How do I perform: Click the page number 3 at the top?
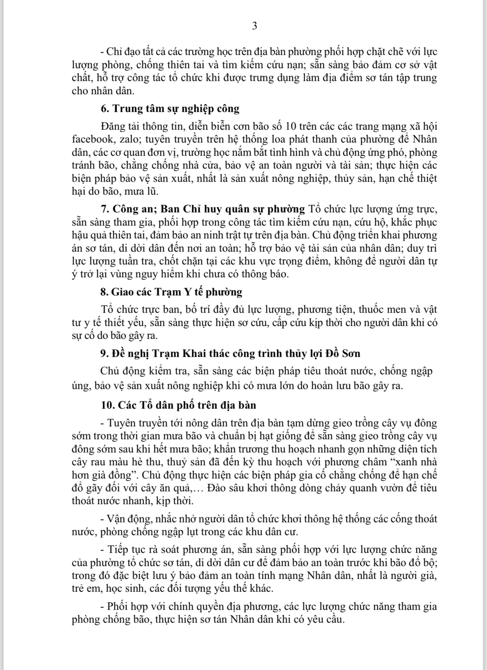254,26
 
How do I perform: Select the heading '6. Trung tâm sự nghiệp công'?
170,109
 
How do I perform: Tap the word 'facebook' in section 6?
91,139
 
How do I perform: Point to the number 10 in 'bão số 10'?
292,126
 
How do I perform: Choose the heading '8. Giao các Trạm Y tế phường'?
171,292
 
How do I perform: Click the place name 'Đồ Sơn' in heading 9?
343,354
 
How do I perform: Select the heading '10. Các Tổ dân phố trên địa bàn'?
179,405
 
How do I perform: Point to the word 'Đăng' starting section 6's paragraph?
113,126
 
